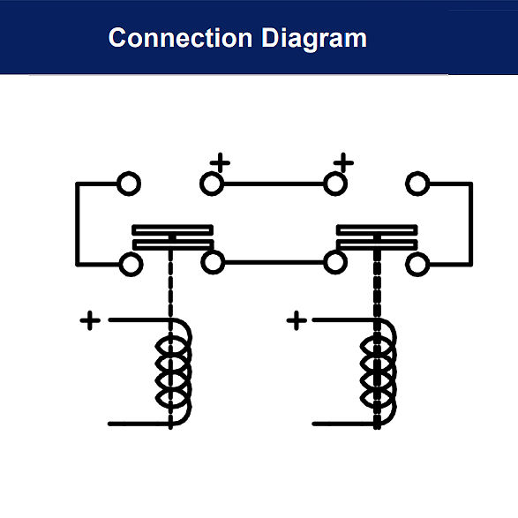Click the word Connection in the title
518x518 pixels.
[180, 38]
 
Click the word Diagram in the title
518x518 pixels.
[314, 39]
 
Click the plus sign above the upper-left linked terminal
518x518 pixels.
[220, 162]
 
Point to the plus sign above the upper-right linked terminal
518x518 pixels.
[343, 162]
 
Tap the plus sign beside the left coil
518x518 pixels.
[90, 320]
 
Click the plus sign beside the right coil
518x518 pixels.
[297, 320]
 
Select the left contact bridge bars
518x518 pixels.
[172, 237]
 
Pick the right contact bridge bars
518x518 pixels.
[377, 237]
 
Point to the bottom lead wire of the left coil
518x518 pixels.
[139, 424]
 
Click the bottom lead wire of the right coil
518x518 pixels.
[343, 424]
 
